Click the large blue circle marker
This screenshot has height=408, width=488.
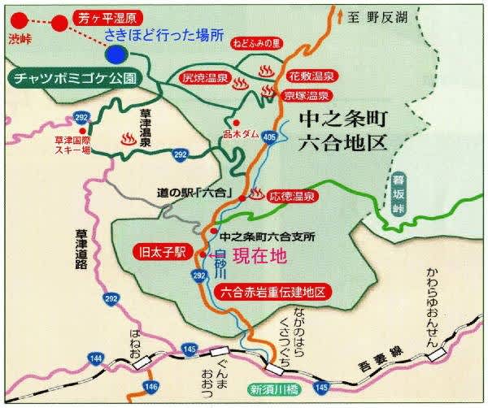[x=115, y=54]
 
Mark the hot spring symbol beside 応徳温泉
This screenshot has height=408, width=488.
[x=256, y=194]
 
